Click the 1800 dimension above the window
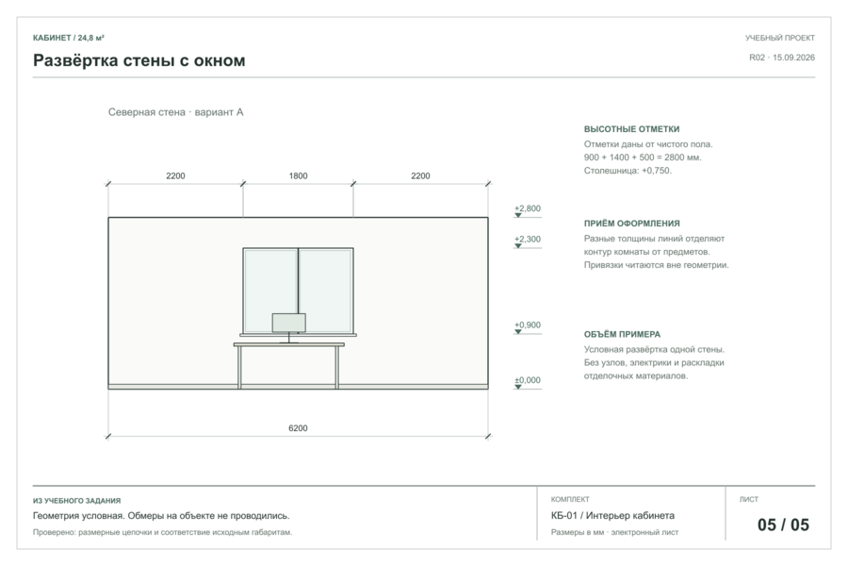298,176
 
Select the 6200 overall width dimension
298,428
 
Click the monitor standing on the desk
289,324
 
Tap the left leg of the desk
239,367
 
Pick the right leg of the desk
337,367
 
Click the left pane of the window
270,291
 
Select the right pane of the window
326,291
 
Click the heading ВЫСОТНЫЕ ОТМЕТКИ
631,129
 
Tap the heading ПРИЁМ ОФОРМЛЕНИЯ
631,224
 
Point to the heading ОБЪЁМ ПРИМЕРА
622,335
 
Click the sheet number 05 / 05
783,524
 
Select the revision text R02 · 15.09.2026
782,58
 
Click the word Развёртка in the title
75,60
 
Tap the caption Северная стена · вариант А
176,112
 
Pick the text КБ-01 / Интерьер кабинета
612,516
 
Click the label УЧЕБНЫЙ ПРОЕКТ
780,38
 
